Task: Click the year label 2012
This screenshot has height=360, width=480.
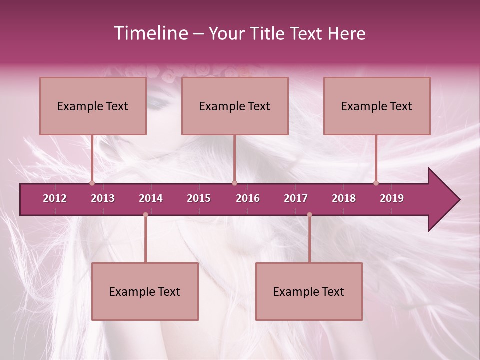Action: click(55, 198)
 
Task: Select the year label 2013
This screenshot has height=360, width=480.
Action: click(103, 198)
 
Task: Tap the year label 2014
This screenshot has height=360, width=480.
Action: click(151, 198)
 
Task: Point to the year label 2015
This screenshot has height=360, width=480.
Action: click(199, 198)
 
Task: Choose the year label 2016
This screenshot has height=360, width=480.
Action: click(248, 198)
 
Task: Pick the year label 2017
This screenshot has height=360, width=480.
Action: click(296, 198)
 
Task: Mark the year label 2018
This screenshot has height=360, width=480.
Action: click(344, 198)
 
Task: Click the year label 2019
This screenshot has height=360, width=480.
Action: click(392, 198)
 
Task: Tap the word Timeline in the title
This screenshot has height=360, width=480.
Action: click(150, 33)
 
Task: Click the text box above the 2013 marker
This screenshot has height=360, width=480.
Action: click(93, 106)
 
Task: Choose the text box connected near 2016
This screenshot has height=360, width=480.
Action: click(235, 106)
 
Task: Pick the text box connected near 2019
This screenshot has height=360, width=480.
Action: click(377, 106)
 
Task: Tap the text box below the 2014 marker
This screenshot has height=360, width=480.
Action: click(145, 291)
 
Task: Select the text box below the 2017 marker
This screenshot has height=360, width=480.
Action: click(309, 291)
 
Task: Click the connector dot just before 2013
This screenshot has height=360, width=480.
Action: click(92, 183)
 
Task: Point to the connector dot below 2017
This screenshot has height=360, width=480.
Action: click(309, 215)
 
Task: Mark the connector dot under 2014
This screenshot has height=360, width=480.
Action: click(145, 215)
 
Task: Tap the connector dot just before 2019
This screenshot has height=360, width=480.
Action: click(376, 183)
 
